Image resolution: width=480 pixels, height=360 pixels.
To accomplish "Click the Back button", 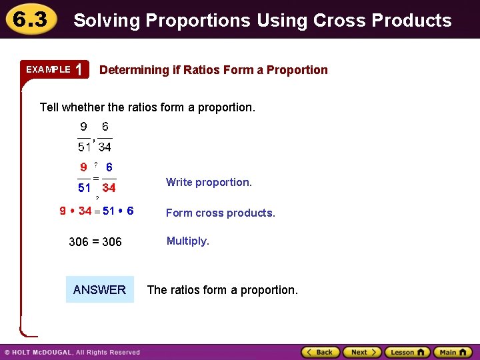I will pos(321,352).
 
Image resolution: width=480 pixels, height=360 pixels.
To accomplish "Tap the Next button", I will pos(361,352).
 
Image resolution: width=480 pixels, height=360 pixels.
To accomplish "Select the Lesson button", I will pos(407,352).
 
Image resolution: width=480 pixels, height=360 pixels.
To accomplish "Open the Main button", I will pos(453,352).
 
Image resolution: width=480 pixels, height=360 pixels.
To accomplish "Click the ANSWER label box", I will pos(99,289).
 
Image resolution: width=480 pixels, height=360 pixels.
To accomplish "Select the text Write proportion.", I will pos(209,182).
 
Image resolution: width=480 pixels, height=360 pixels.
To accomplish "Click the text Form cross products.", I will pos(220,213).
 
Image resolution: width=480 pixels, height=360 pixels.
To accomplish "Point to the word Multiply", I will pos(187,241).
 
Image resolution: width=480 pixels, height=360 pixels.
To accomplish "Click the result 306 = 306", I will pos(95,241).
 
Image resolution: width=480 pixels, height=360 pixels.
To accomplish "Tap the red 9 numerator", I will pos(83,168).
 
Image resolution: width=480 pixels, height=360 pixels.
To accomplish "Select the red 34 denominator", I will pos(108,188).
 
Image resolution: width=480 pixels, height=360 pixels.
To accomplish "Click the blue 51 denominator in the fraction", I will pos(84,188).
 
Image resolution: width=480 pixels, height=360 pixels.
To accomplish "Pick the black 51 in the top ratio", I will pos(84,147).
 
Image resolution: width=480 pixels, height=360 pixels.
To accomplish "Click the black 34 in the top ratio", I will pos(105,147).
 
